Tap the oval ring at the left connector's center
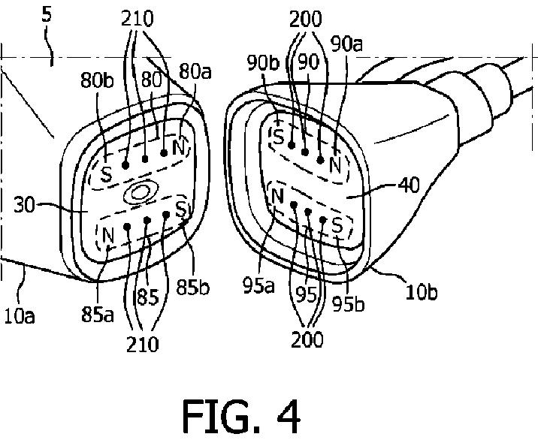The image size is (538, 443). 139,193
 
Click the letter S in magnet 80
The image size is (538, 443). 107,174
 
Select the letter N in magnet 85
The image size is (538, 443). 108,234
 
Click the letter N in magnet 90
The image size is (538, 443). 335,163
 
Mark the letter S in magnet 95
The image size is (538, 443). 337,225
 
